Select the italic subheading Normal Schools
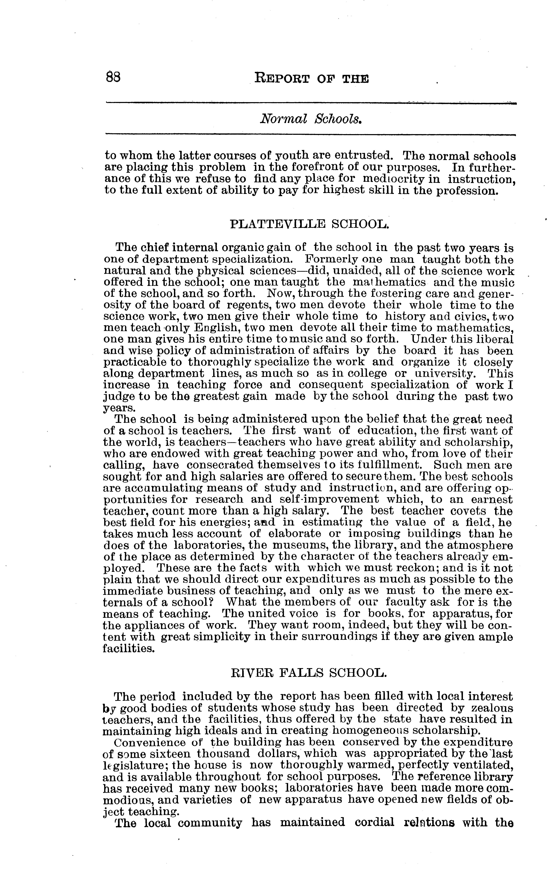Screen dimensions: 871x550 (x=311, y=119)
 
